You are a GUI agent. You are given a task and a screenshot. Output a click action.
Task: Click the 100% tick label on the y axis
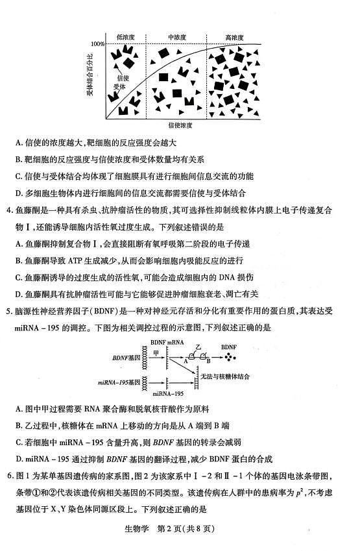(97, 44)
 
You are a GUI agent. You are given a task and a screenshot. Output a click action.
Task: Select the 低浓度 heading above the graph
(125, 37)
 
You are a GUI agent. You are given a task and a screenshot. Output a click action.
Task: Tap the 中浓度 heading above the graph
(177, 37)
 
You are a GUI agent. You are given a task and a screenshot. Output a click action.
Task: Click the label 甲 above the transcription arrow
(156, 350)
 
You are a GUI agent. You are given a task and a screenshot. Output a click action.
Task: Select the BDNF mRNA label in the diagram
(167, 341)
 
